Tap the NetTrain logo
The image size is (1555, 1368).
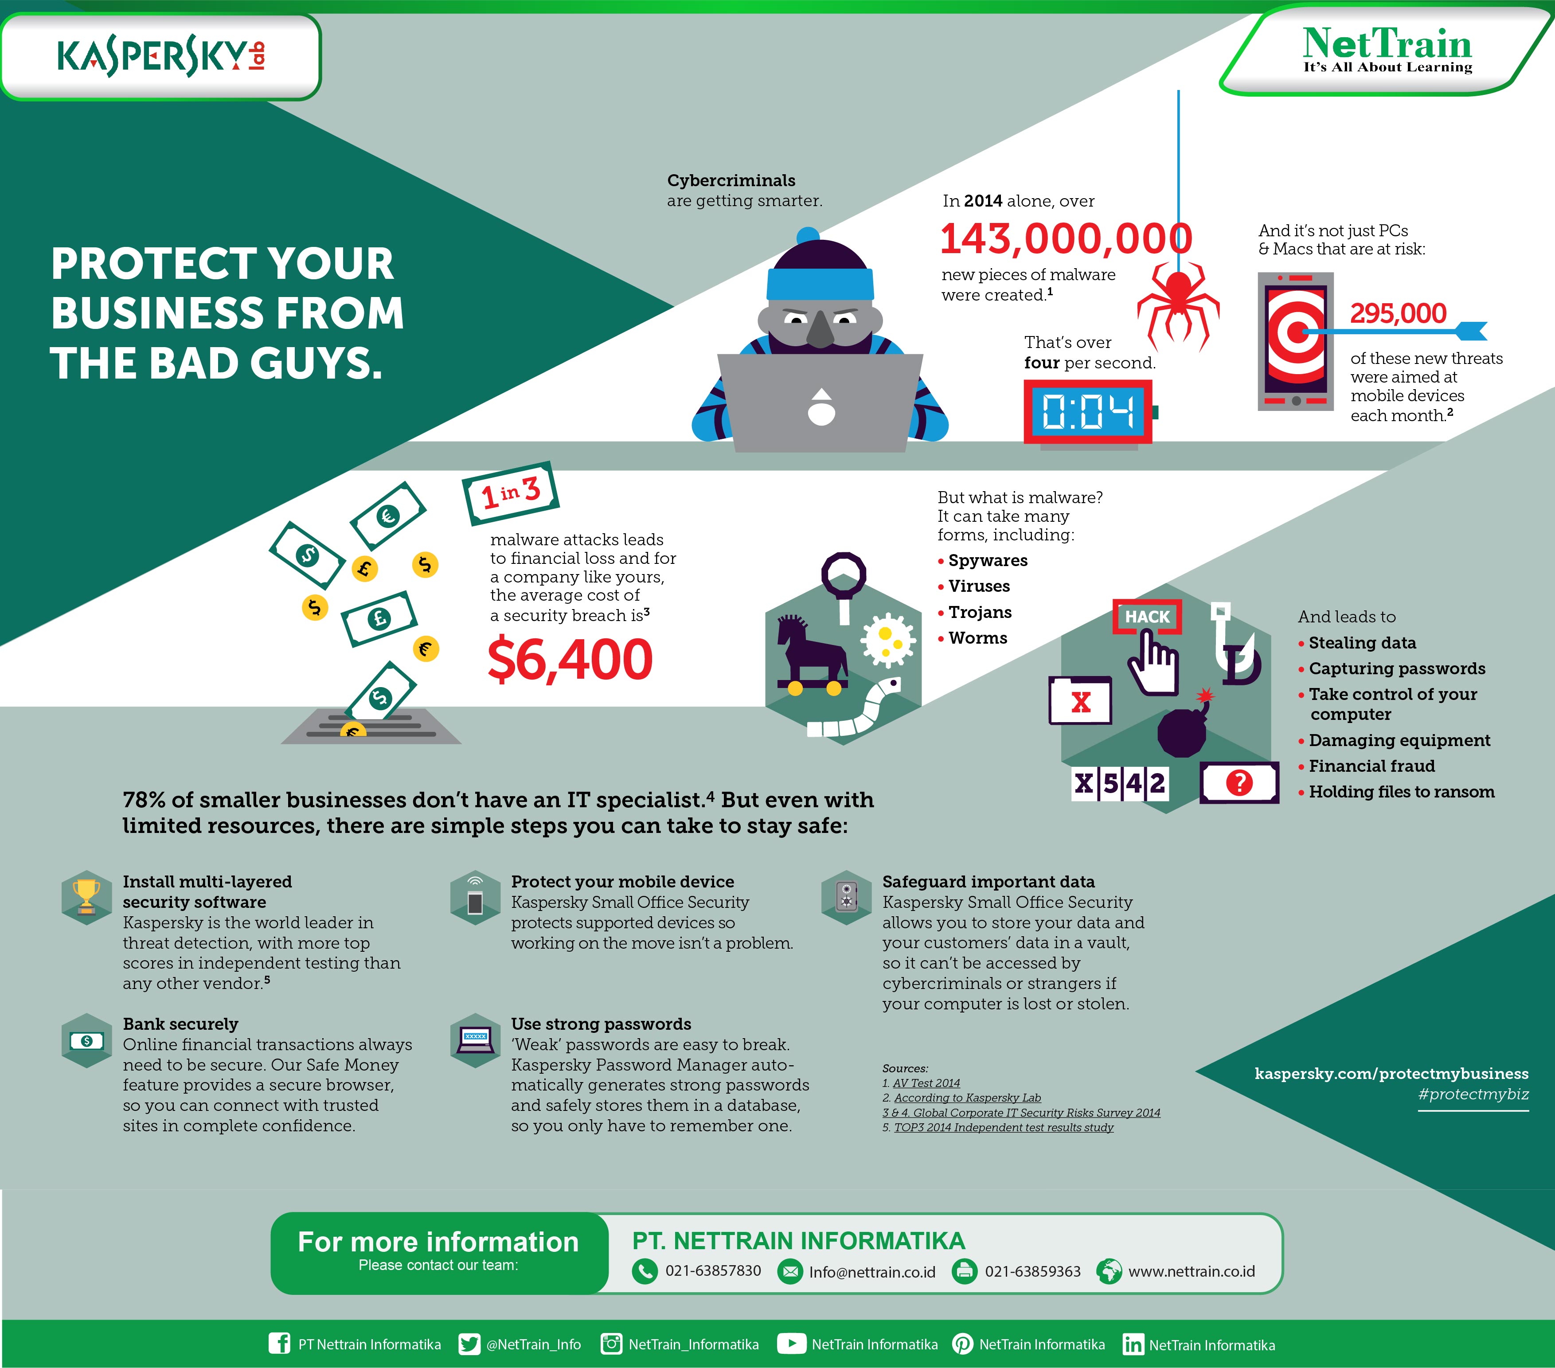pyautogui.click(x=1387, y=50)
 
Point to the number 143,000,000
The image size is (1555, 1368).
pyautogui.click(x=1066, y=239)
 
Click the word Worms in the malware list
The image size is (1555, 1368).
pyautogui.click(x=977, y=638)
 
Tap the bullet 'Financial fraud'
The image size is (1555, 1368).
pyautogui.click(x=1371, y=766)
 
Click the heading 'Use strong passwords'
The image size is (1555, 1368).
pyautogui.click(x=601, y=1024)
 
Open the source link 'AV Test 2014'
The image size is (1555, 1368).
pyautogui.click(x=926, y=1083)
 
